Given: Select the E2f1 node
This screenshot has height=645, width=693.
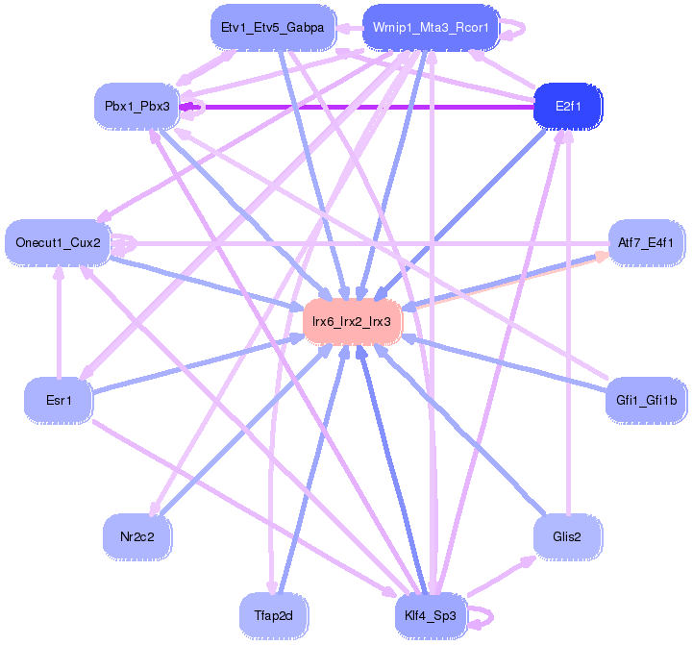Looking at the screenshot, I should (x=567, y=105).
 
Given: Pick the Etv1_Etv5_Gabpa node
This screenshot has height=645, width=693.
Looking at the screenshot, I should (x=272, y=28).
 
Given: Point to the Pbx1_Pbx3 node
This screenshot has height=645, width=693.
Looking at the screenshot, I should (x=136, y=105).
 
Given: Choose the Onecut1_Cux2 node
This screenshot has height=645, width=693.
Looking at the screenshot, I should (x=58, y=242).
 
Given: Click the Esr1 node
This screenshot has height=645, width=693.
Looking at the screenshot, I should (x=59, y=398).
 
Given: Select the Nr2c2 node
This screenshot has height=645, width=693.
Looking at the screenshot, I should (x=136, y=536).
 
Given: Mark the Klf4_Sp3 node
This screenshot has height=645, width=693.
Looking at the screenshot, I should (x=431, y=614).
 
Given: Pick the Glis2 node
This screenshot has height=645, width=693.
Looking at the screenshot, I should (x=567, y=536).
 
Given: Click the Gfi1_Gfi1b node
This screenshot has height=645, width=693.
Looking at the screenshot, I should (x=645, y=398).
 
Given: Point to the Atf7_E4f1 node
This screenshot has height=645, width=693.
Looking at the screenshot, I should (x=645, y=242).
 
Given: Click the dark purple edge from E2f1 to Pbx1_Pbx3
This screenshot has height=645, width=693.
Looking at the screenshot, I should (x=356, y=106).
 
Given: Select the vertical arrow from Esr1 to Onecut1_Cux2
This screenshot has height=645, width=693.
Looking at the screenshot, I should (x=59, y=322).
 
